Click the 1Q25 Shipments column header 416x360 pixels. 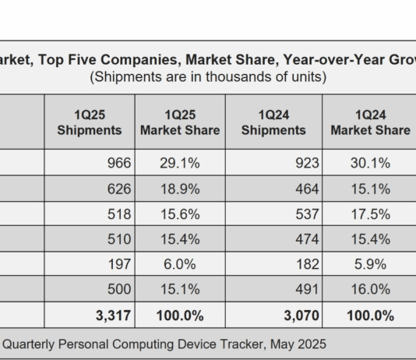point(90,122)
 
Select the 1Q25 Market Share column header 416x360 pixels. point(180,122)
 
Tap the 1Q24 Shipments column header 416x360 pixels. point(273,122)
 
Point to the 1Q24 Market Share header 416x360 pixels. point(370,122)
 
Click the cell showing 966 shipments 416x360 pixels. point(119,163)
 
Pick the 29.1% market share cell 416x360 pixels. point(180,163)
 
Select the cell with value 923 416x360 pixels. point(307,163)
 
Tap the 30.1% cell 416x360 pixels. point(370,163)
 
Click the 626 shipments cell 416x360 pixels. point(119,189)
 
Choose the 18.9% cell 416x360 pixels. point(180,189)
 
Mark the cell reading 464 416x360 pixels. point(307,189)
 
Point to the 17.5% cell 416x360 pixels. point(371,214)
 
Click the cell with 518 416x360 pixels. point(119,214)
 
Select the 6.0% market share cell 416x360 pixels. point(180,264)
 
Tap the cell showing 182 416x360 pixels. point(308,264)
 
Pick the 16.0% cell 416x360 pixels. point(371,289)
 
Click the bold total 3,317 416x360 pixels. point(113,316)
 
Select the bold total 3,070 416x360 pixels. point(301,316)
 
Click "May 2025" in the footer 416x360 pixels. point(298,344)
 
